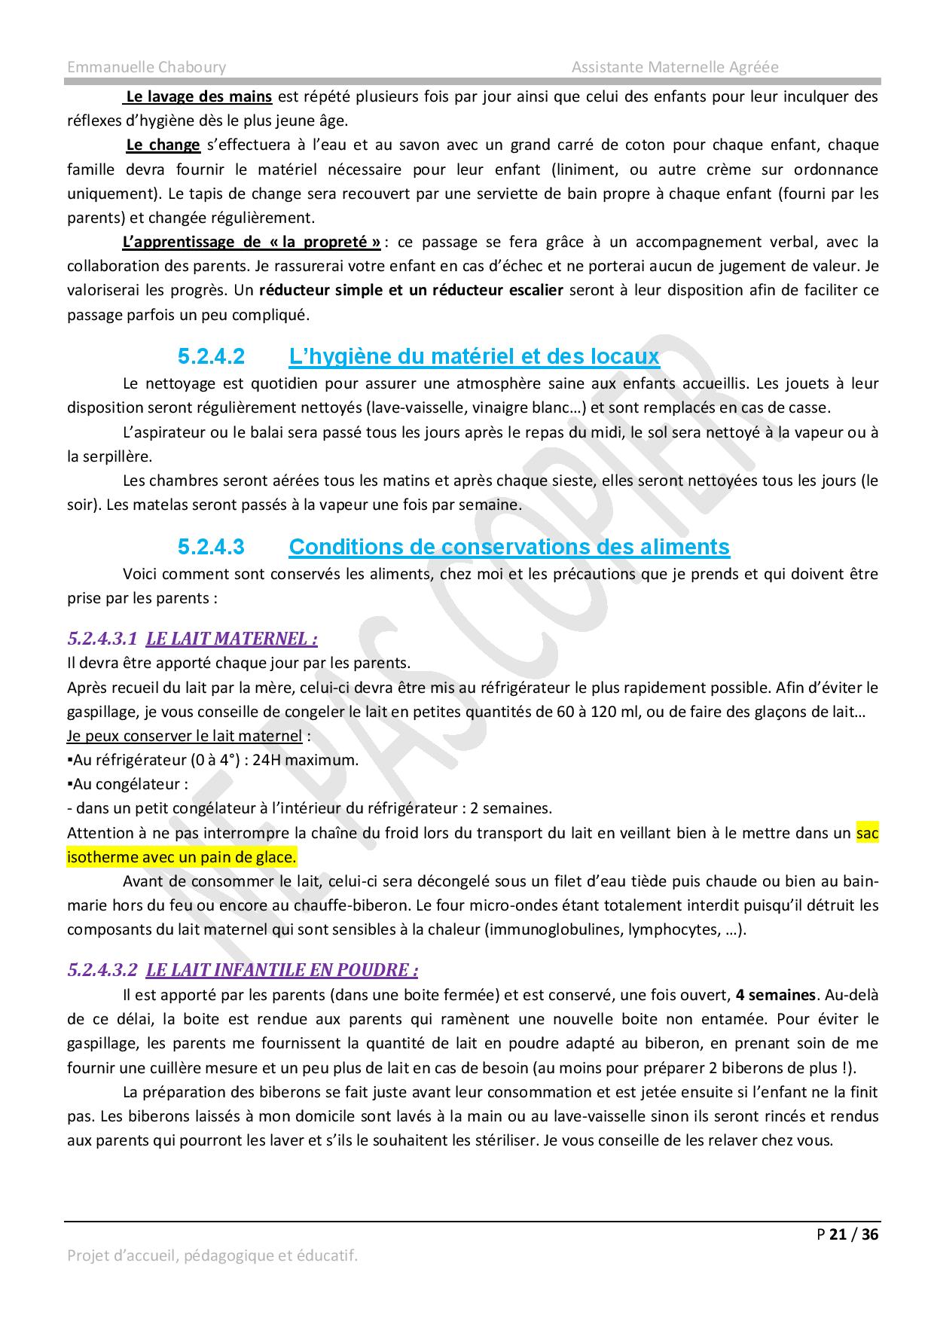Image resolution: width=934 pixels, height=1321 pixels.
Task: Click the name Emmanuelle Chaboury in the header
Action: [x=146, y=67]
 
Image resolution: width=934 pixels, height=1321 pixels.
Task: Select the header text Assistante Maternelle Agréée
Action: [x=675, y=67]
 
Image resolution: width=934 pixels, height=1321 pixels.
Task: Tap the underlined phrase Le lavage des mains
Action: [x=199, y=96]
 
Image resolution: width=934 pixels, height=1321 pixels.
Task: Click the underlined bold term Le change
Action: [x=163, y=145]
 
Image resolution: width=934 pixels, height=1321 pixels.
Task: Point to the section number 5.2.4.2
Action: [x=212, y=355]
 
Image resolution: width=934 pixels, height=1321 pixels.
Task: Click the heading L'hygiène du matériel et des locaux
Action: [x=474, y=355]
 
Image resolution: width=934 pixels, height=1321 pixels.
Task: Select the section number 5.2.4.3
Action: [x=212, y=546]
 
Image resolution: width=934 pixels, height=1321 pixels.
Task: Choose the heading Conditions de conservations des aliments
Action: [x=509, y=546]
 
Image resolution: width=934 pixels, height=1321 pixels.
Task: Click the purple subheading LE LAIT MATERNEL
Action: [x=231, y=639]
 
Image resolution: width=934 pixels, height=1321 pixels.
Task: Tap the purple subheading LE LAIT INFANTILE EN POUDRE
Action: [x=282, y=970]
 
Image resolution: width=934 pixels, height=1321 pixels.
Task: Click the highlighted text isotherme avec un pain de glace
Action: [x=182, y=857]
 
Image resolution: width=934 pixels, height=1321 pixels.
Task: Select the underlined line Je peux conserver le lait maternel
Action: [x=185, y=736]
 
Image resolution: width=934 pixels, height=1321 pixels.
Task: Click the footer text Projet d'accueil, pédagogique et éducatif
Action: [x=212, y=1255]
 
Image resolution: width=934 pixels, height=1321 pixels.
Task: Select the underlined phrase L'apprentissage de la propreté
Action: [x=252, y=242]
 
